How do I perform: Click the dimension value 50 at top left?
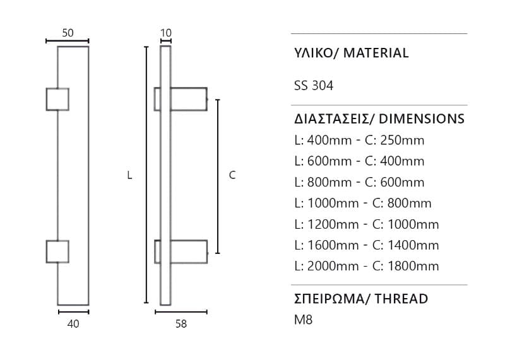click(68, 33)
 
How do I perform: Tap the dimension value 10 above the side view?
click(165, 33)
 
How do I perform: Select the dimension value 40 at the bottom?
click(73, 324)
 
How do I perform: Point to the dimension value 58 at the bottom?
click(181, 324)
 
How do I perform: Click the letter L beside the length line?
click(129, 175)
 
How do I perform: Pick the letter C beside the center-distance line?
click(232, 175)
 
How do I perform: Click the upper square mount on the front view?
click(57, 100)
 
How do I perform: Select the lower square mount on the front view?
click(57, 251)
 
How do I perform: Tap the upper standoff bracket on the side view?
click(181, 99)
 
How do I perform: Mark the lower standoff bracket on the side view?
click(181, 251)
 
